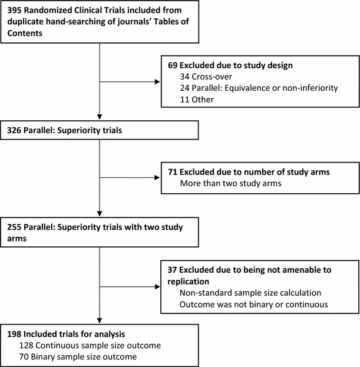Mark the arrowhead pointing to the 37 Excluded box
(x=157, y=287)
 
